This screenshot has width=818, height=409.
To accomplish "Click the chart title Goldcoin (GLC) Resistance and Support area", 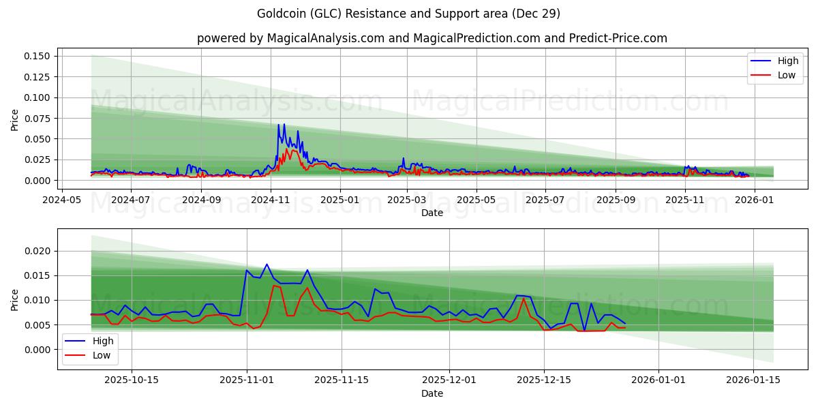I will point(408,14).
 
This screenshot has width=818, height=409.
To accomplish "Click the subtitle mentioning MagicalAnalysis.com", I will point(432,38).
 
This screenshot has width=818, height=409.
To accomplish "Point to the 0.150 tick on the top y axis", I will point(38,56).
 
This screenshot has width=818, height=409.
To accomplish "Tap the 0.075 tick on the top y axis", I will point(38,118).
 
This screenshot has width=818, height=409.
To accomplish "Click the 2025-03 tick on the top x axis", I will point(407,200).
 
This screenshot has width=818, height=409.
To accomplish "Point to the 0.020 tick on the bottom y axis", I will point(38,252).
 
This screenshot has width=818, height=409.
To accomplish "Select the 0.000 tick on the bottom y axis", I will point(38,350).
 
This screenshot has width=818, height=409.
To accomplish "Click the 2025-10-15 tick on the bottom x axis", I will point(132,380).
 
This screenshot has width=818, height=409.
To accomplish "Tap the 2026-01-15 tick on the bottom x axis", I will point(753,380).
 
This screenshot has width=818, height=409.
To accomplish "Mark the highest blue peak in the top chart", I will point(278,125).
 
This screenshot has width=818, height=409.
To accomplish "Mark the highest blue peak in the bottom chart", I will point(267,264).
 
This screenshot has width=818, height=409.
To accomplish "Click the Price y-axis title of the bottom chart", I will point(15,299).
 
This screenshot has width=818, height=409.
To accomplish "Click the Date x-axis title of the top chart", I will point(432,213).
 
